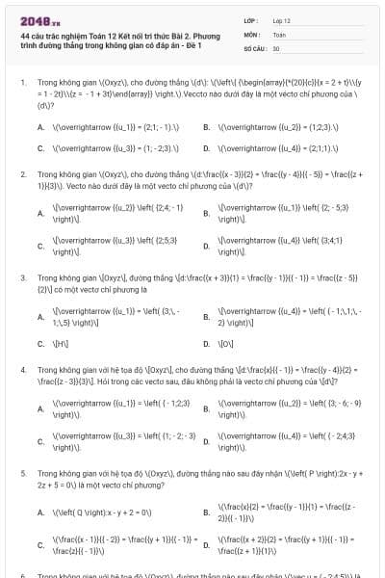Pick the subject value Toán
279,34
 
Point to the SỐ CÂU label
254,47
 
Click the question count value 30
276,47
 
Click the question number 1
23,83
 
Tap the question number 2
23,174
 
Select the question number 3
23,276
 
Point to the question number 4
23,369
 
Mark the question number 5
23,475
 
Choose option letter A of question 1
40,126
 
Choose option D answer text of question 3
227,344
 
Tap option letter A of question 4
40,408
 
